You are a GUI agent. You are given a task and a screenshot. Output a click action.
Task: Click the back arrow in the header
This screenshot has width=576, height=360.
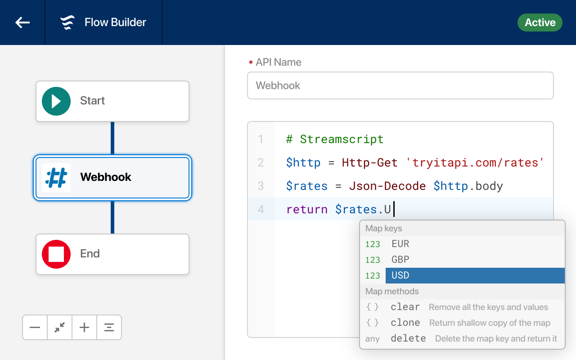22,22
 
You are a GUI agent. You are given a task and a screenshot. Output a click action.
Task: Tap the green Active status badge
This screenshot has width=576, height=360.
540,22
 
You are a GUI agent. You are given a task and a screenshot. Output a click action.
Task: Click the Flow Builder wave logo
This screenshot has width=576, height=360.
67,22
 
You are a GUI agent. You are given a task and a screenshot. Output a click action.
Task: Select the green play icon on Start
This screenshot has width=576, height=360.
56,101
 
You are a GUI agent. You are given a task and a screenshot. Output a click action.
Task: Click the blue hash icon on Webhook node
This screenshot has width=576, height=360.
56,177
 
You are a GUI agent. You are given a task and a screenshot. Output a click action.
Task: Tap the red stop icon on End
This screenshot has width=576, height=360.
56,254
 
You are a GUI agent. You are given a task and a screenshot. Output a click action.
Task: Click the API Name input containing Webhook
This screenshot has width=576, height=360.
400,85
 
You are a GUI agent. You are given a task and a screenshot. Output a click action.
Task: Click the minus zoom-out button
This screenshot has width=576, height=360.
35,327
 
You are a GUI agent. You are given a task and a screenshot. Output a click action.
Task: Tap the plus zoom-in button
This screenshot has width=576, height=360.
84,327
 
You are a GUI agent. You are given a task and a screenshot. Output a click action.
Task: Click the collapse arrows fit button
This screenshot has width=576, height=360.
60,327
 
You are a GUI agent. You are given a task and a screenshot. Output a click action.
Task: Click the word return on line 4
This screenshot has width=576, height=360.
307,209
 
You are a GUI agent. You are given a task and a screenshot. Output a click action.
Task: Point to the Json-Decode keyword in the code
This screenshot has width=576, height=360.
387,186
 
